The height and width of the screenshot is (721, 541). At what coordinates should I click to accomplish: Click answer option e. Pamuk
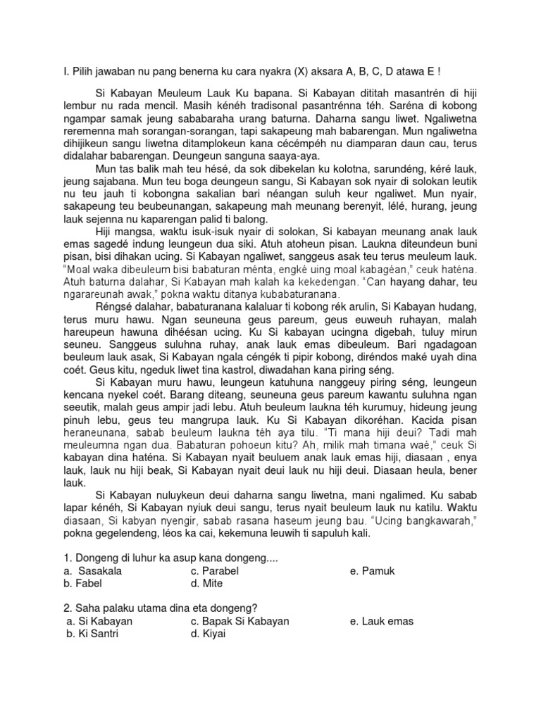[374, 571]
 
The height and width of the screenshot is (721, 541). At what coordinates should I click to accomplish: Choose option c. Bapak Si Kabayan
[240, 622]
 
